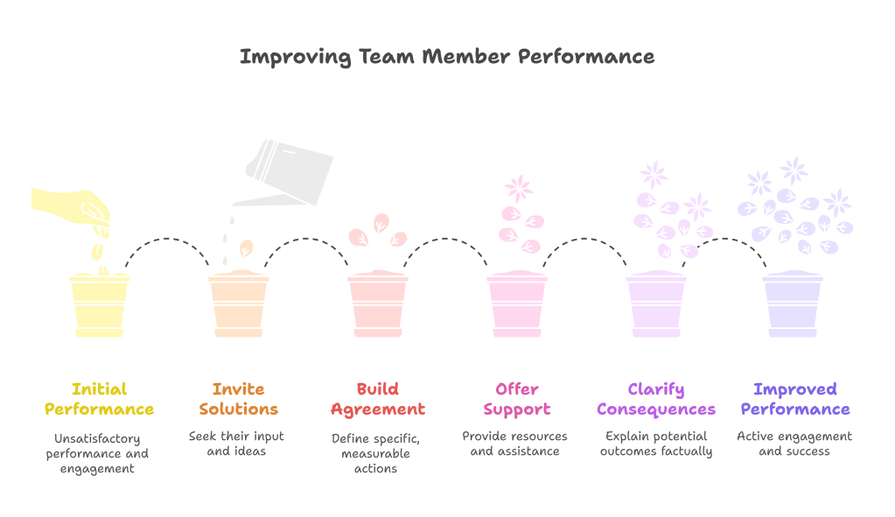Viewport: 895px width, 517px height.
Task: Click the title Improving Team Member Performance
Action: (x=446, y=58)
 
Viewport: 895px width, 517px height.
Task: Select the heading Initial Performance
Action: (x=99, y=399)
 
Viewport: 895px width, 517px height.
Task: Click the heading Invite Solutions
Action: (x=238, y=399)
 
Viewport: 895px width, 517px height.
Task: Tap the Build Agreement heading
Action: (x=377, y=399)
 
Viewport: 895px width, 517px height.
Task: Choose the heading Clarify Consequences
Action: (x=656, y=399)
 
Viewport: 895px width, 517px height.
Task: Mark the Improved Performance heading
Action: (x=794, y=399)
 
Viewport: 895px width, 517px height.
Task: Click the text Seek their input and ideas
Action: (x=237, y=444)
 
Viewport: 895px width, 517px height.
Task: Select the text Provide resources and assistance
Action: (x=514, y=444)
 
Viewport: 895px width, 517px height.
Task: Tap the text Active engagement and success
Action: (x=794, y=444)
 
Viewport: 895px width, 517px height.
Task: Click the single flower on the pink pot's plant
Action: (x=518, y=188)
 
